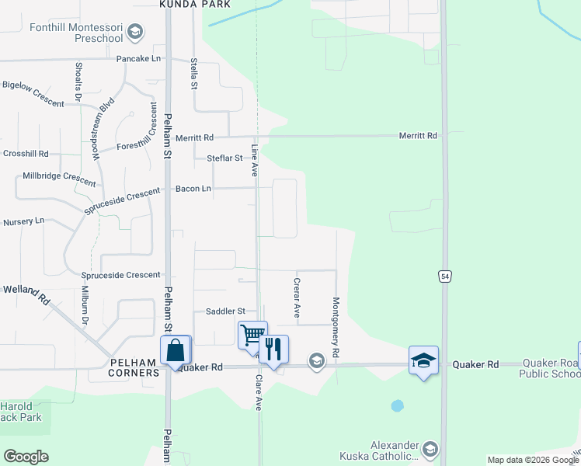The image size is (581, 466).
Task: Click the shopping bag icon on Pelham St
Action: [176, 350]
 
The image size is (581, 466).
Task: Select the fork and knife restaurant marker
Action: [273, 349]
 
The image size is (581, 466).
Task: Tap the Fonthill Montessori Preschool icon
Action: [136, 32]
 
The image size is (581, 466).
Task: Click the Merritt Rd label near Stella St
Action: [194, 137]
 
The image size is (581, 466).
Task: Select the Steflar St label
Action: [224, 158]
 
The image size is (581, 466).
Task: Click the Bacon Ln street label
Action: [193, 189]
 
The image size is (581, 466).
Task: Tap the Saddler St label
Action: [225, 311]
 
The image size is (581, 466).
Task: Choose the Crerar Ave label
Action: [297, 298]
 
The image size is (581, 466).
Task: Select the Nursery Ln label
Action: [24, 221]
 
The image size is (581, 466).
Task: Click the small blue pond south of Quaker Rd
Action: [398, 405]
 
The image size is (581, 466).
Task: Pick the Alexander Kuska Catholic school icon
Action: [430, 450]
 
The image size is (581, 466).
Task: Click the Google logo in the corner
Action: [26, 457]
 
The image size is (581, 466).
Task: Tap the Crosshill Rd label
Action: [26, 154]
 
